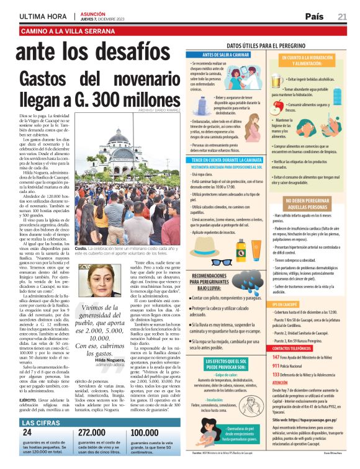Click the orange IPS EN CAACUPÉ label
pyautogui.click(x=286, y=321)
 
